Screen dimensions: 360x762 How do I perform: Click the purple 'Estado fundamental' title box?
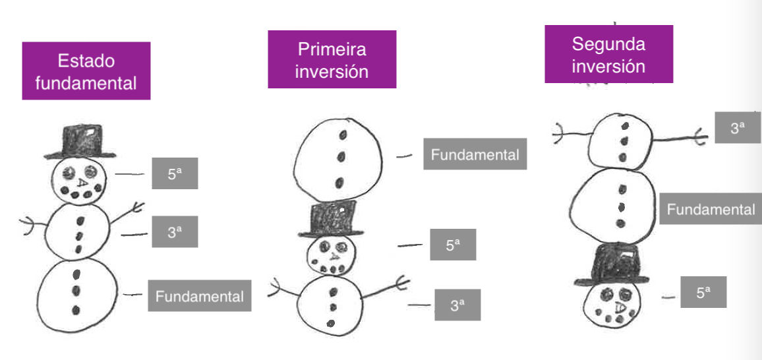point(86,71)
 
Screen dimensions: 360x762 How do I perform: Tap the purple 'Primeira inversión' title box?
point(332,59)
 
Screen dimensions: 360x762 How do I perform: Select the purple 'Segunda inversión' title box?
point(608,55)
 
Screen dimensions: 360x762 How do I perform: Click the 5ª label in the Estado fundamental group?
point(175,174)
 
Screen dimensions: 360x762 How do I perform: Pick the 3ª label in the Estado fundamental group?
point(175,231)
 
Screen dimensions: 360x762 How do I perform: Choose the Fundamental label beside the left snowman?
point(199,296)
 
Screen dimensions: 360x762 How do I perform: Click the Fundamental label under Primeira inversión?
point(475,154)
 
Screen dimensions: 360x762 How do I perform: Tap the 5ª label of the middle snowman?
point(452,245)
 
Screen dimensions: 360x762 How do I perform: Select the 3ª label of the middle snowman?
point(457,305)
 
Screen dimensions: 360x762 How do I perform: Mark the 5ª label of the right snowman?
point(703,292)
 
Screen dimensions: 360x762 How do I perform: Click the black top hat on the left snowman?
point(80,142)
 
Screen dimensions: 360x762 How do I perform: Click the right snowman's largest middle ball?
point(612,204)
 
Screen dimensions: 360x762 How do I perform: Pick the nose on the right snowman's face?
point(619,307)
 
